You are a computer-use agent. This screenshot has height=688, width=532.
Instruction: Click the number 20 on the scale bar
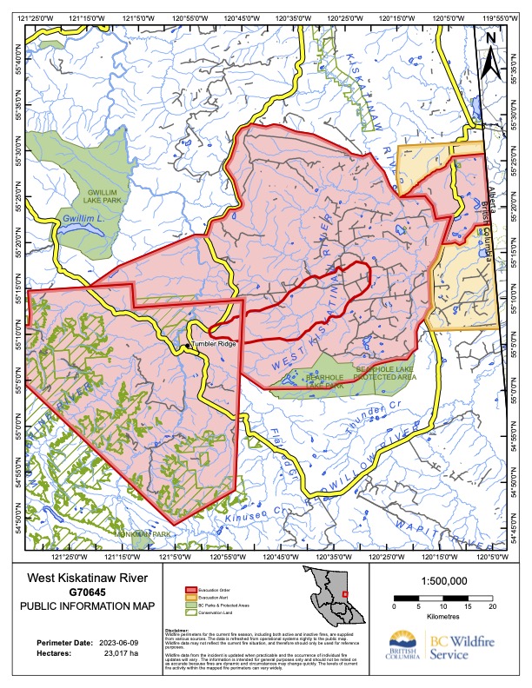(x=492, y=608)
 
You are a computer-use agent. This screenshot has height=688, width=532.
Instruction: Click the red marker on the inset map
(x=345, y=593)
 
